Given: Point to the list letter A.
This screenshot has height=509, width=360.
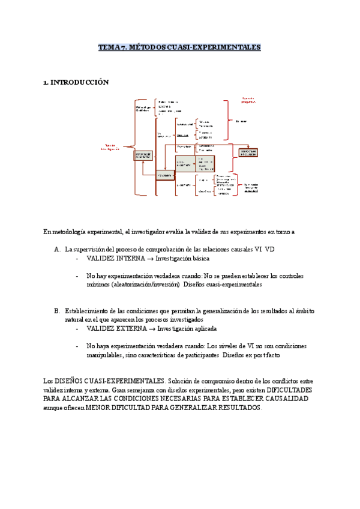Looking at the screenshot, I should click(57, 248).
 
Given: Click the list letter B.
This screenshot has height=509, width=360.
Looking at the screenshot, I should click(57, 311).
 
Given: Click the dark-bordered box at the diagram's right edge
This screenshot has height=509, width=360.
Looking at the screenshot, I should click(249, 153).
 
